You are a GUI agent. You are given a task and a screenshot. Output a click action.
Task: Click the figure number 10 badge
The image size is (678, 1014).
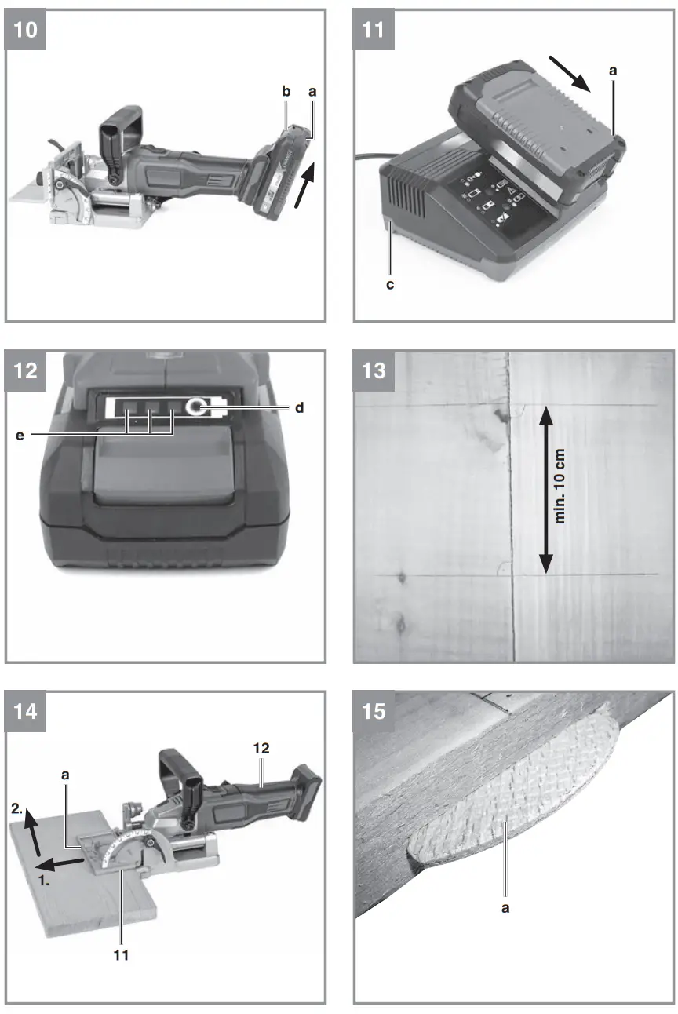coord(27,30)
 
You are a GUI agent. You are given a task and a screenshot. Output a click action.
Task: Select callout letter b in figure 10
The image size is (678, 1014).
coord(286,92)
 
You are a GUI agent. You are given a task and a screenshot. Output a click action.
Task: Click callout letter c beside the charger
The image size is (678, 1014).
coord(390,284)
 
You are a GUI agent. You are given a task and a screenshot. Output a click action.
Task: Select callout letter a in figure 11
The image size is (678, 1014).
coord(614,71)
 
